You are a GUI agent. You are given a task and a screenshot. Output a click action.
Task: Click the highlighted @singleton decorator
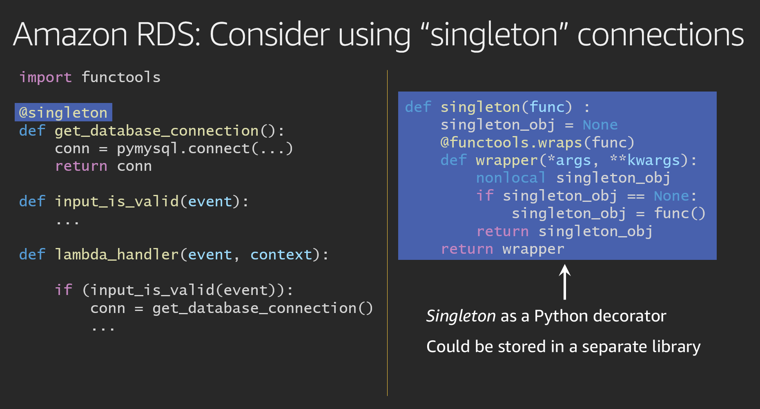63,112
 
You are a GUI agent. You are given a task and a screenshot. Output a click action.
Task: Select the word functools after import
121,77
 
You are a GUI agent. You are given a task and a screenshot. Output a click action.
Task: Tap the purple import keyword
45,78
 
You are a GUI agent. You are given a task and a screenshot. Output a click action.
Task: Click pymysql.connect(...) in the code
205,148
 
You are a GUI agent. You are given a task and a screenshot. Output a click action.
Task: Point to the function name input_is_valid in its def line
117,201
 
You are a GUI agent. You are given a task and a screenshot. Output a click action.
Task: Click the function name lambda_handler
117,255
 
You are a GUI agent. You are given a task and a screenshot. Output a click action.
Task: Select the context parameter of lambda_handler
281,255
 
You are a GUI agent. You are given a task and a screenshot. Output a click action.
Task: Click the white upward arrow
565,282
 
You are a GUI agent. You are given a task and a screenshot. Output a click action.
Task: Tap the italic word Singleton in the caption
461,316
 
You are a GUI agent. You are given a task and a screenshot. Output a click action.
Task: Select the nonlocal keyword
510,178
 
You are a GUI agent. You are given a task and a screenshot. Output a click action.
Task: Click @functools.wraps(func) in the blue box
537,143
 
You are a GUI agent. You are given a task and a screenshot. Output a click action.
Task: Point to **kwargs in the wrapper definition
645,160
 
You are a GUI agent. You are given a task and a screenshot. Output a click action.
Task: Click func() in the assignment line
680,213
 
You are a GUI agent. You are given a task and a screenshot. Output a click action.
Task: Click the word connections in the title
661,34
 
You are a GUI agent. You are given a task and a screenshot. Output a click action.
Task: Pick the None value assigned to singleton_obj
600,125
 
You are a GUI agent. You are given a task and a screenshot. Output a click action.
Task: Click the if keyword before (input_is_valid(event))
64,290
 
